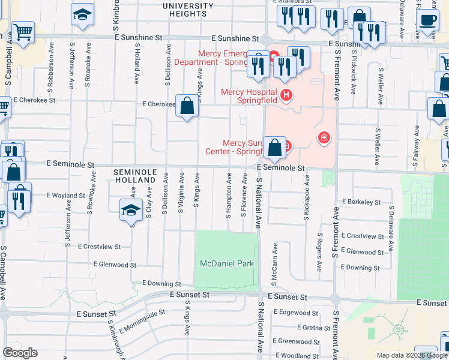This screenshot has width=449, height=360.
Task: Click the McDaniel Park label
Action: pos(227,263)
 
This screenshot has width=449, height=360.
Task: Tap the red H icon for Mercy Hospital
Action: pos(286,95)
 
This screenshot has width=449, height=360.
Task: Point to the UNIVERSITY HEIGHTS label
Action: pos(188,10)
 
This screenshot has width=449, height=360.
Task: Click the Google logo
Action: pos(20,353)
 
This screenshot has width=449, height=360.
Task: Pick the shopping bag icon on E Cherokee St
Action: pos(187,106)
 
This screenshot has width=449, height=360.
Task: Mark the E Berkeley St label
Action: pos(361,202)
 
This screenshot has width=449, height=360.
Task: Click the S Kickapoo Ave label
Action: pos(306,197)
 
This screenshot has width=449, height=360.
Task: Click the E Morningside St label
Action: pos(142,322)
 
